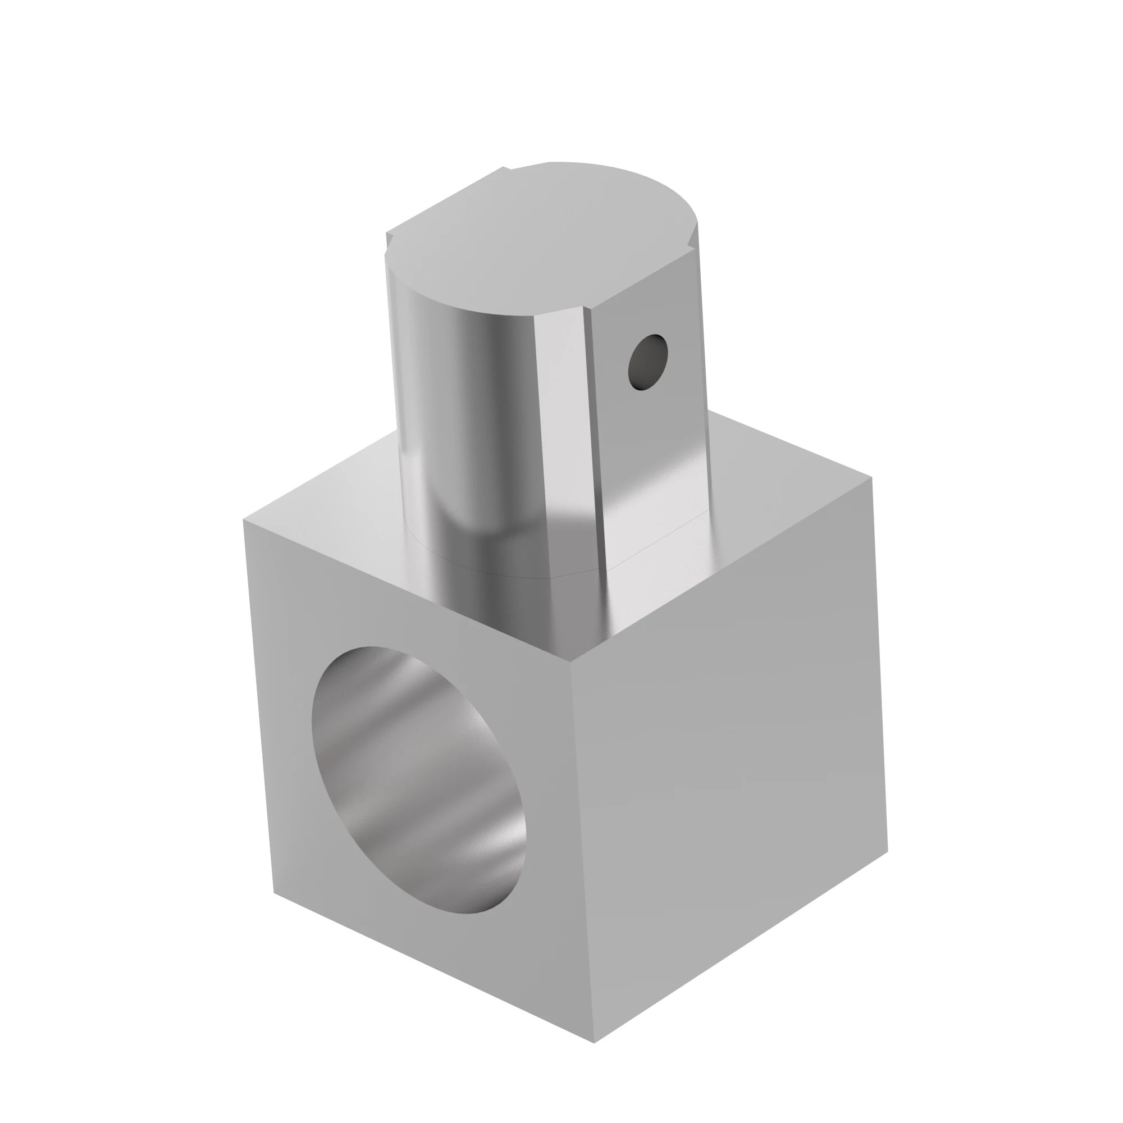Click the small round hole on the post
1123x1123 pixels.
647,362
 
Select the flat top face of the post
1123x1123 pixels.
541,238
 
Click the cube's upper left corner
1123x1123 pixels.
244,521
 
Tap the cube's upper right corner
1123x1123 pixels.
871,478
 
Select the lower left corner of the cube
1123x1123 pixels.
274,892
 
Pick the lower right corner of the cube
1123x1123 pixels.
888,852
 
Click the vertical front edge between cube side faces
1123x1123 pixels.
583,860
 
